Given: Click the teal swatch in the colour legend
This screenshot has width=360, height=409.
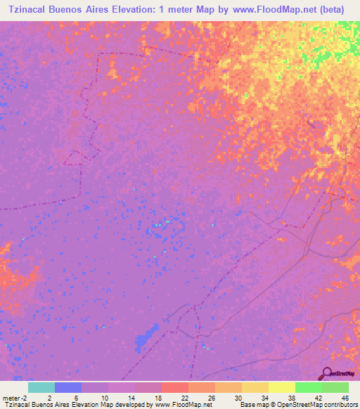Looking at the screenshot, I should (x=41, y=387).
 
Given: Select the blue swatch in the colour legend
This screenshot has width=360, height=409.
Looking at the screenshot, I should (x=68, y=387).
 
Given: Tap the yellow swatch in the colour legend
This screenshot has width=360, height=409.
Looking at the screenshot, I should (x=282, y=387).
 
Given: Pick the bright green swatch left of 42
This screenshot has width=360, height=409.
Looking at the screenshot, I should (x=309, y=387).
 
